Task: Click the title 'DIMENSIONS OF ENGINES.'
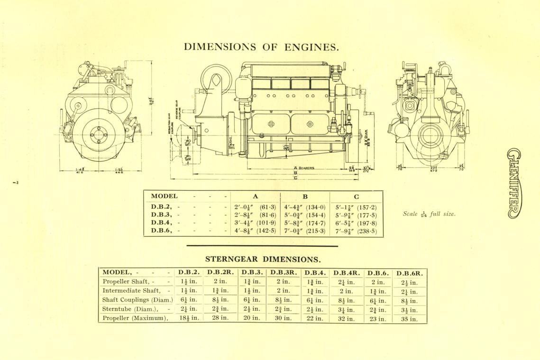click(261, 47)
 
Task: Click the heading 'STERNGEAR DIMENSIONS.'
click(263, 259)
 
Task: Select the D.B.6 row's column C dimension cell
click(356, 231)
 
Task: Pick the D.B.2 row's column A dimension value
click(255, 207)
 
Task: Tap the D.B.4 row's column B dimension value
click(304, 223)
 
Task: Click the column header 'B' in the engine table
click(305, 196)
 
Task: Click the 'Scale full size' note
click(429, 214)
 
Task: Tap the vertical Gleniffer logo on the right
click(514, 183)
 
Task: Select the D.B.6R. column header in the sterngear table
click(410, 273)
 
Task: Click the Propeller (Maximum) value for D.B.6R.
click(410, 319)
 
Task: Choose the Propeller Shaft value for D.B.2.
click(189, 282)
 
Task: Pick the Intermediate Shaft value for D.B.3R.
click(283, 291)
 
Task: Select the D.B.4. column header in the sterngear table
click(314, 273)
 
